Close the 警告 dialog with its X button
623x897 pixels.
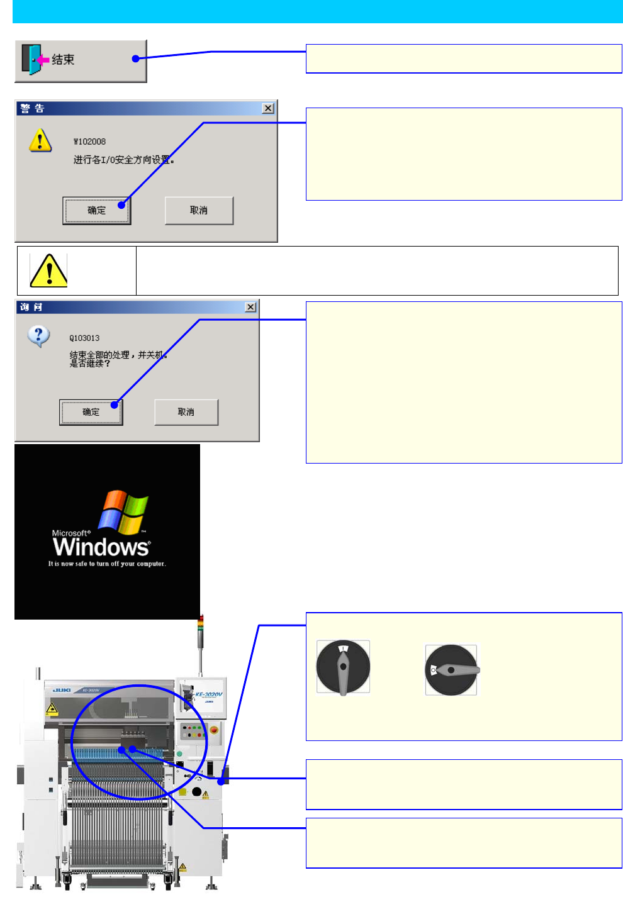pyautogui.click(x=268, y=108)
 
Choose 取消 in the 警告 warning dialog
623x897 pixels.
pyautogui.click(x=199, y=210)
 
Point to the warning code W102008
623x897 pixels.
pyautogui.click(x=89, y=142)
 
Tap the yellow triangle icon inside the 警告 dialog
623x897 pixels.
pyautogui.click(x=40, y=140)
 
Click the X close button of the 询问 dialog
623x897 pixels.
pyautogui.click(x=250, y=307)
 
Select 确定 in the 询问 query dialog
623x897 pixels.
pyautogui.click(x=91, y=412)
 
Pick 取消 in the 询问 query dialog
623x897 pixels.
pyautogui.click(x=186, y=412)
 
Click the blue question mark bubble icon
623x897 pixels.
pyautogui.click(x=39, y=336)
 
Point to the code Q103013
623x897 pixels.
pyautogui.click(x=84, y=338)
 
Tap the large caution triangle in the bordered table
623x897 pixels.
pyautogui.click(x=48, y=270)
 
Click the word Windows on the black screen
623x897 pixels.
pyautogui.click(x=101, y=547)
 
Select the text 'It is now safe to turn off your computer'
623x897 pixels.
pyautogui.click(x=107, y=564)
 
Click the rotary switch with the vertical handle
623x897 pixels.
pyautogui.click(x=343, y=667)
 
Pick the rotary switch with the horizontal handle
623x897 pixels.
pyautogui.click(x=451, y=670)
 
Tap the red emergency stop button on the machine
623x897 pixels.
pyautogui.click(x=213, y=730)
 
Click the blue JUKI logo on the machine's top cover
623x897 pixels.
pyautogui.click(x=62, y=690)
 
